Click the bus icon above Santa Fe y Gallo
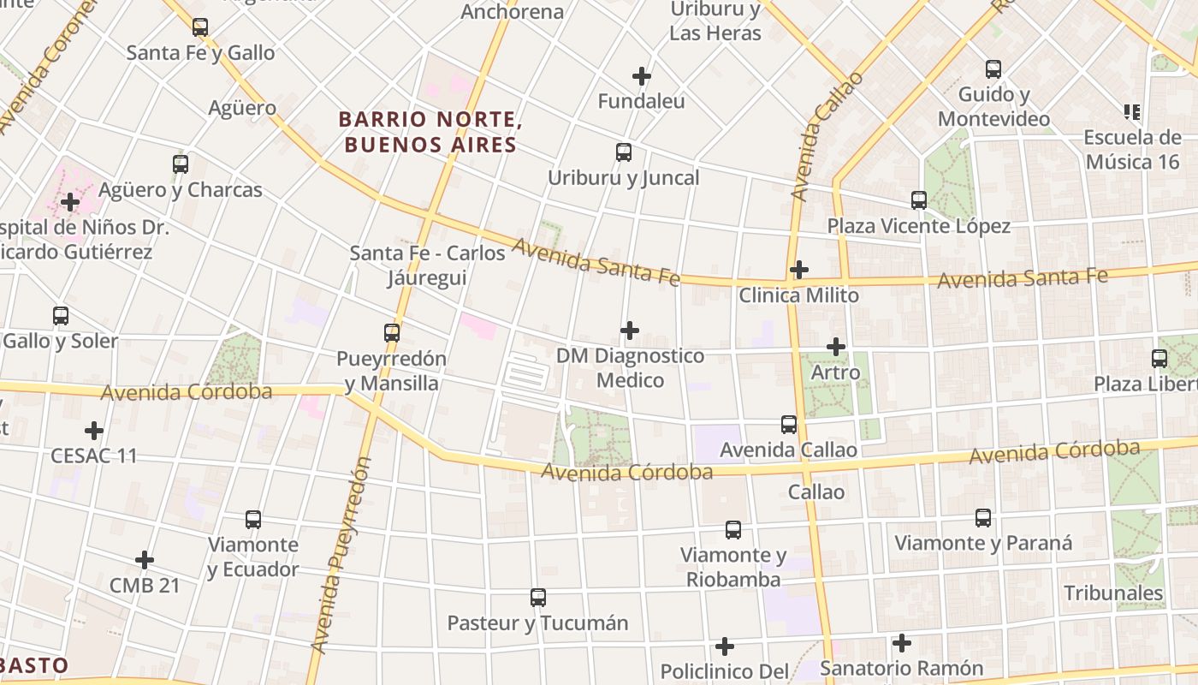pyautogui.click(x=200, y=27)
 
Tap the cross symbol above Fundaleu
pyautogui.click(x=642, y=76)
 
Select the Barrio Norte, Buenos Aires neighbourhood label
pyautogui.click(x=430, y=132)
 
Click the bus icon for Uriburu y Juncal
pyautogui.click(x=624, y=152)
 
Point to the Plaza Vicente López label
pyautogui.click(x=918, y=226)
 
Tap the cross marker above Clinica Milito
pyautogui.click(x=798, y=270)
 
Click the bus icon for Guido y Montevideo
pyautogui.click(x=993, y=69)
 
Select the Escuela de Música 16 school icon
pyautogui.click(x=1132, y=111)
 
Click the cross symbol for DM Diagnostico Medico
pyautogui.click(x=630, y=330)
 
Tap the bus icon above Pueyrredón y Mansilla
pyautogui.click(x=392, y=333)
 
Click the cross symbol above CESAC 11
pyautogui.click(x=94, y=430)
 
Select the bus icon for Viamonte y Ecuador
pyautogui.click(x=253, y=519)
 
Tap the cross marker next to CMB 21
pyautogui.click(x=145, y=560)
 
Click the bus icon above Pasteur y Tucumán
pyautogui.click(x=537, y=597)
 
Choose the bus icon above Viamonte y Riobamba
pyautogui.click(x=733, y=529)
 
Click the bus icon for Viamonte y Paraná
pyautogui.click(x=983, y=517)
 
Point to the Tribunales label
pyautogui.click(x=1113, y=593)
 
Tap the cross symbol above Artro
pyautogui.click(x=836, y=347)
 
